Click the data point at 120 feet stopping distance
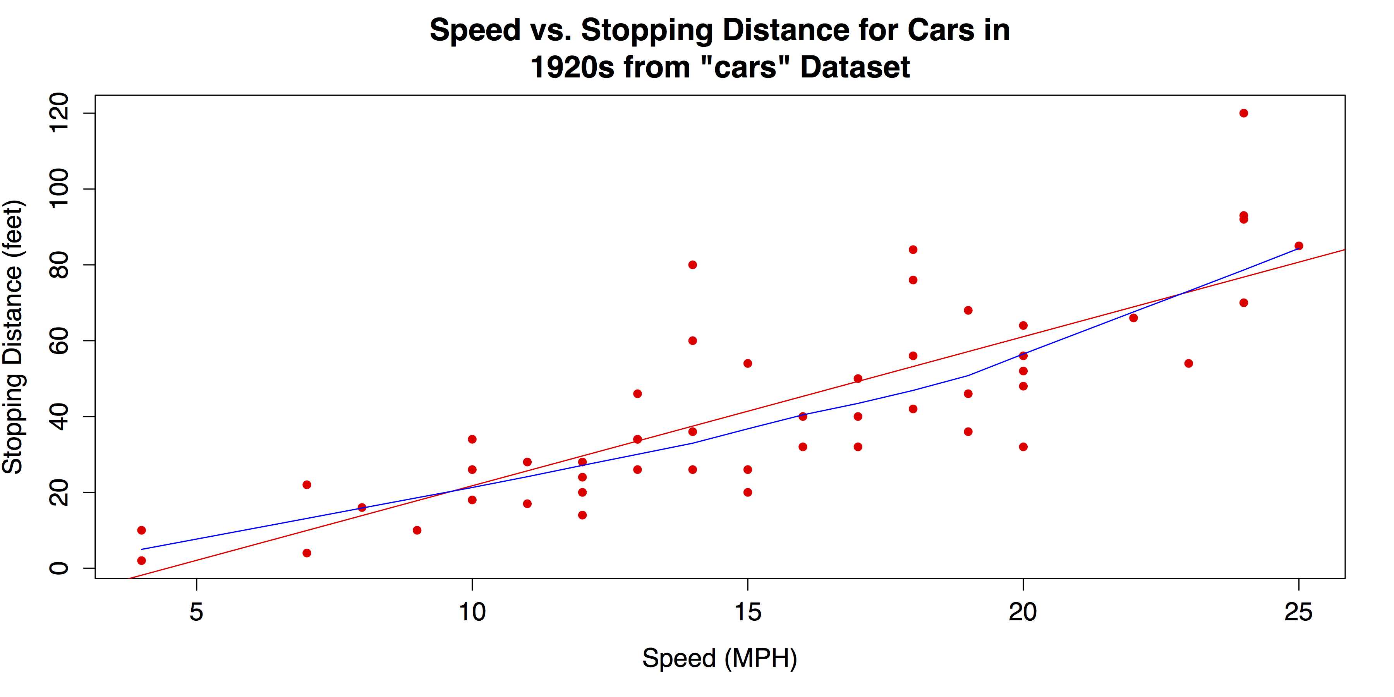(x=1243, y=113)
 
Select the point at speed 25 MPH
(x=1299, y=245)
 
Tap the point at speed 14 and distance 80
(x=693, y=264)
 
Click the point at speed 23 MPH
(x=1188, y=363)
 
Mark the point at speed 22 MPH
(x=1133, y=318)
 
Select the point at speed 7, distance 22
(x=307, y=485)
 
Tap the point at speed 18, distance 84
(x=913, y=249)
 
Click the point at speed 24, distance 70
(x=1243, y=302)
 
